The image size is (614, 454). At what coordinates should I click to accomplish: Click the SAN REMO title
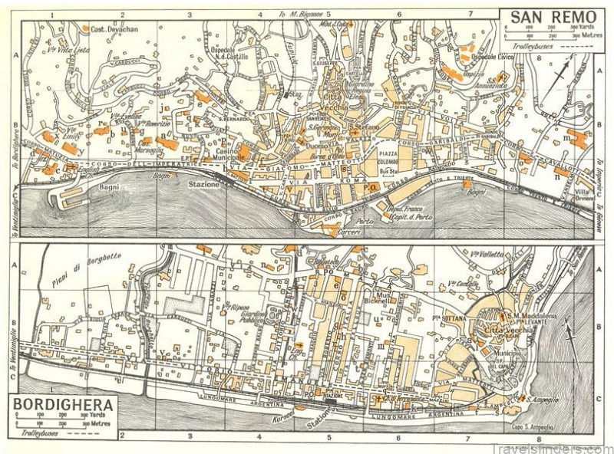[546, 15]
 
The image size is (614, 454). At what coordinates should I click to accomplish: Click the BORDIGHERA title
[65, 403]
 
